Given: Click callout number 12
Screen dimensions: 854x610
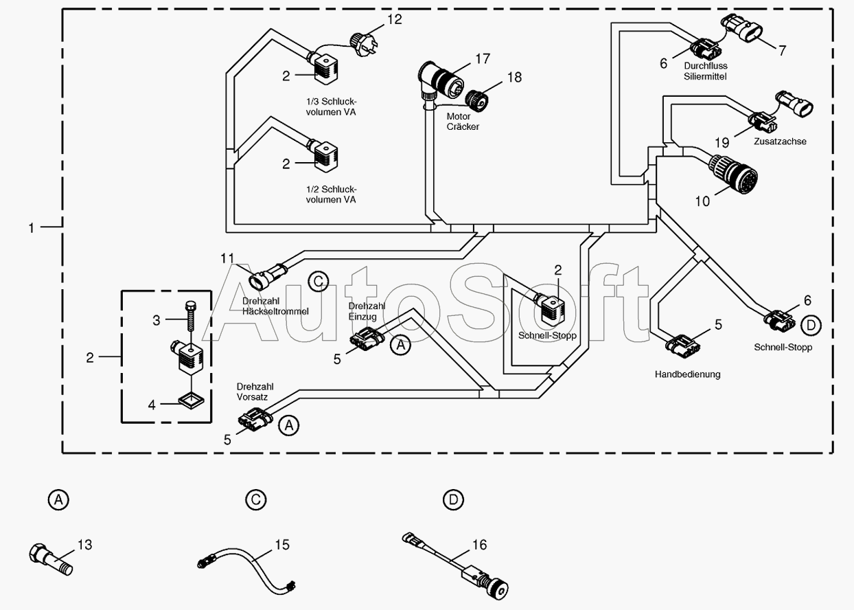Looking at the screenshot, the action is (395, 19).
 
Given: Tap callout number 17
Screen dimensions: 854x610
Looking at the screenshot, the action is (483, 59).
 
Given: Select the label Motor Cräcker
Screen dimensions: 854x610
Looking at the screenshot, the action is (463, 122).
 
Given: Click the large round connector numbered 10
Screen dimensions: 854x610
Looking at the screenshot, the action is (732, 174).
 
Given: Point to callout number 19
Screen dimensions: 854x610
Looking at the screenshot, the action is (722, 143).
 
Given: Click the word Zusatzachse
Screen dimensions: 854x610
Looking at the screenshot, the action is (780, 142).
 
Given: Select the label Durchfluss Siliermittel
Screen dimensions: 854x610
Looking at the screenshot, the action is (705, 71).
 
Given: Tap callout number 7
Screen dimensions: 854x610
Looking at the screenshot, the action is (783, 50).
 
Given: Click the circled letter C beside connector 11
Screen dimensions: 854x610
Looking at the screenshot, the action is (319, 282).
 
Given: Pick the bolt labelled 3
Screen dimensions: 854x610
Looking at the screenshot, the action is (190, 316).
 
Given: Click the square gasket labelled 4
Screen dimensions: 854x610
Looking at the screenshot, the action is (191, 400).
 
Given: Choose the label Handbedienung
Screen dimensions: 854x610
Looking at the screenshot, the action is (687, 374).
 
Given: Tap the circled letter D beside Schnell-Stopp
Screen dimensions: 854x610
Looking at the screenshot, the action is (811, 326).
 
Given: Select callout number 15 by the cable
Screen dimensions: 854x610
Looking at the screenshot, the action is (282, 545).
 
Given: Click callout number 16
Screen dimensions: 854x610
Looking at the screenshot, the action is (480, 545).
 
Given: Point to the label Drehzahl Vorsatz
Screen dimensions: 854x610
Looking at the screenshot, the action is (255, 392).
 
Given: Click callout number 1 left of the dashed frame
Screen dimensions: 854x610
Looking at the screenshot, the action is (32, 228).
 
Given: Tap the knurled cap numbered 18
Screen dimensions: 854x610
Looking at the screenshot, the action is (477, 101).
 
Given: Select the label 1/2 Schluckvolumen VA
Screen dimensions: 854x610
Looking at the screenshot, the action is (331, 194).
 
